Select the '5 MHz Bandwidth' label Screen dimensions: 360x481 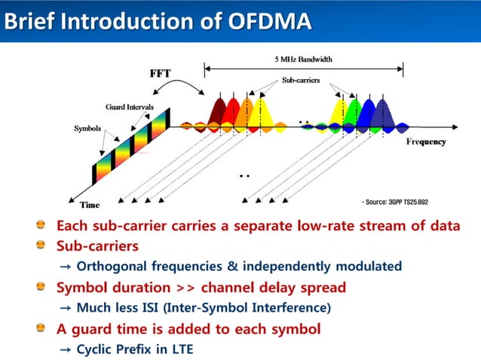coord(302,59)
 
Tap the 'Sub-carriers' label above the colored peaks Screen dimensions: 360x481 coord(301,80)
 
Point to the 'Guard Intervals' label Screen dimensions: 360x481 coord(129,108)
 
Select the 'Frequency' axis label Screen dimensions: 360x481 coord(426,142)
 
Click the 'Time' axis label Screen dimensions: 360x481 coord(90,204)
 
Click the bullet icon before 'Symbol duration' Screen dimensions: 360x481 coord(47,287)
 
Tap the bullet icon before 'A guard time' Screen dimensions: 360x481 coord(47,328)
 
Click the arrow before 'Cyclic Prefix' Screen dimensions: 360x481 coord(65,349)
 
